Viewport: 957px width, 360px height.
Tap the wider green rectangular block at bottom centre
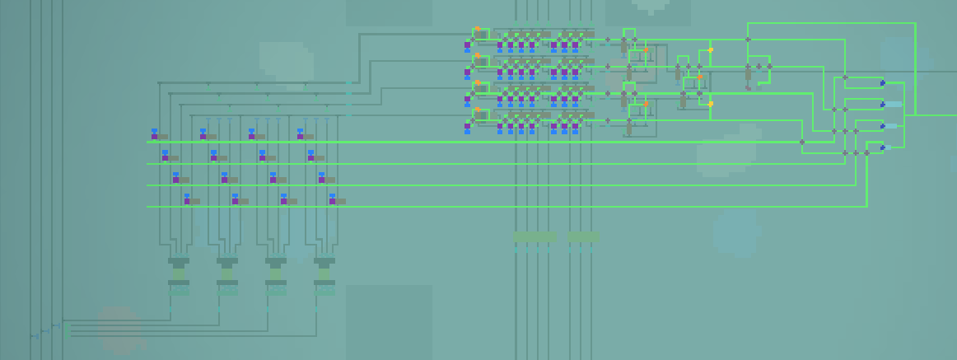point(535,237)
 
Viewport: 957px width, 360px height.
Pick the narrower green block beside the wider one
point(584,237)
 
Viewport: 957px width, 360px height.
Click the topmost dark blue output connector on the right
point(883,82)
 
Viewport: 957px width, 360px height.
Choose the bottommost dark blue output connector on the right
point(883,147)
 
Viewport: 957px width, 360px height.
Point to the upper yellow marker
point(711,50)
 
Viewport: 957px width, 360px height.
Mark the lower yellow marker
point(711,104)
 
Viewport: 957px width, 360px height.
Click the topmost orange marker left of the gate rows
point(477,30)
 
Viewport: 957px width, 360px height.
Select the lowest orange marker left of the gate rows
point(477,110)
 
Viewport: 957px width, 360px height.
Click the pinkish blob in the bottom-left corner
point(120,330)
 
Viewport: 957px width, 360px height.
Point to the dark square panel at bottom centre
point(389,321)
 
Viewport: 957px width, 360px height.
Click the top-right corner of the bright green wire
point(915,23)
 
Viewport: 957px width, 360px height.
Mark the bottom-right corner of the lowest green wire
point(866,206)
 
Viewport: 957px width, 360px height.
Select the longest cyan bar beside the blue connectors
point(894,104)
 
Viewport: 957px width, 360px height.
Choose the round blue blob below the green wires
point(735,231)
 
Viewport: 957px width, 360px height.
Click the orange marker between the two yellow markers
point(699,77)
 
